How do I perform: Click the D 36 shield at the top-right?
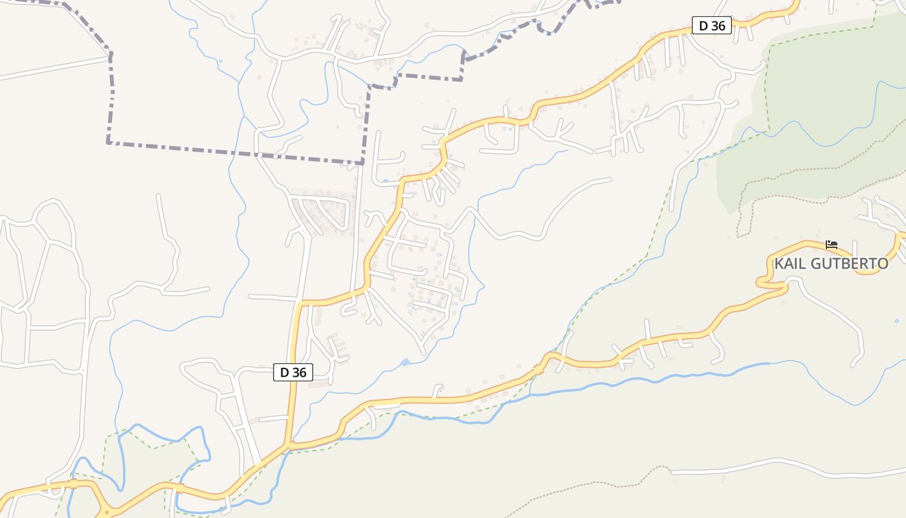coord(711,26)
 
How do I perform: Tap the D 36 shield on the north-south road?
coord(293,372)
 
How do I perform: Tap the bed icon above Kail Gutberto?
coord(832,245)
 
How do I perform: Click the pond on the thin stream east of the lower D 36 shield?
coord(405,362)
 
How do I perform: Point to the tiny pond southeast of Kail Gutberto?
coord(897,321)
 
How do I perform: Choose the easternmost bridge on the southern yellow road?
coord(539,369)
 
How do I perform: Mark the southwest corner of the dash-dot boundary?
coord(109,142)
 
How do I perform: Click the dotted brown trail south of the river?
coord(582,484)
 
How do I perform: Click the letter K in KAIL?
coord(779,264)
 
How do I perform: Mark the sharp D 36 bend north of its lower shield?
coord(300,303)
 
